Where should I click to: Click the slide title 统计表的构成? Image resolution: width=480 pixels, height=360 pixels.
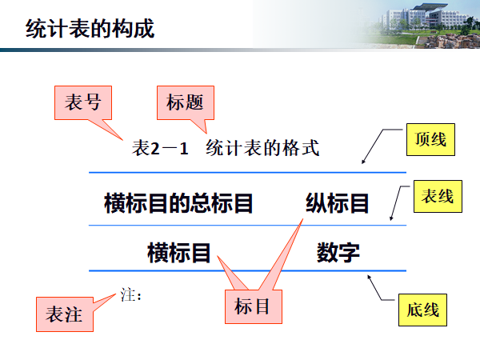coord(90,30)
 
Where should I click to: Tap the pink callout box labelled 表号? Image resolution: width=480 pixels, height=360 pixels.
coord(82,102)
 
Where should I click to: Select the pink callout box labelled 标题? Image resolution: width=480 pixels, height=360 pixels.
coord(185,102)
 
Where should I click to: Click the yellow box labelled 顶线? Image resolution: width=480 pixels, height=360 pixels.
coord(430,140)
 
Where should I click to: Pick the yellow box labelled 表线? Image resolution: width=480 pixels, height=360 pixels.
coord(438,197)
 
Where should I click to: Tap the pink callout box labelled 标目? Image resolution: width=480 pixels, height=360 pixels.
coord(252,306)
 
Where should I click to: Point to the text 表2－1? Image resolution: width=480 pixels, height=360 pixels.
coord(160,148)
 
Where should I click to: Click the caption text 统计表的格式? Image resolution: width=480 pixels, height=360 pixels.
coord(262,148)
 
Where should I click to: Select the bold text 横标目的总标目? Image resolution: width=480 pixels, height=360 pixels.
coord(178,204)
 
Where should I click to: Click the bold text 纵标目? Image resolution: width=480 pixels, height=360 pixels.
coord(337,204)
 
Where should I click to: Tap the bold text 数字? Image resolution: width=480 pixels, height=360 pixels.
coord(338,253)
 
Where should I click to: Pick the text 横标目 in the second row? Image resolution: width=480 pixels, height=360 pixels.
coord(179,253)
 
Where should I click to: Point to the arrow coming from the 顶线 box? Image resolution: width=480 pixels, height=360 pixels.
coord(381,146)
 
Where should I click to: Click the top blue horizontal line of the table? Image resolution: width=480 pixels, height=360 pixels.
coord(248,172)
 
